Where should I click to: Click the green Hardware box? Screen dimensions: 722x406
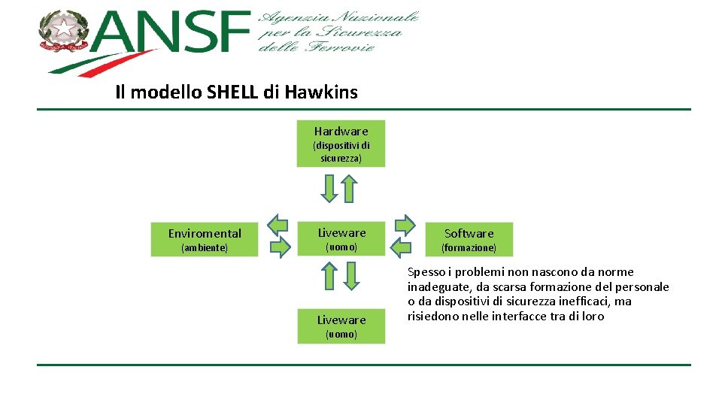click(341, 144)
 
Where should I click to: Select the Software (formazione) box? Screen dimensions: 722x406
click(469, 239)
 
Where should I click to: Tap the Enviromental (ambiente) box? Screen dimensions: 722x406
click(205, 239)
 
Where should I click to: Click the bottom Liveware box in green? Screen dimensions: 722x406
click(341, 326)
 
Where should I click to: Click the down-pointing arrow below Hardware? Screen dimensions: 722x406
click(329, 188)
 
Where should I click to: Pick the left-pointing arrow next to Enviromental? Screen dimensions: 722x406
click(278, 224)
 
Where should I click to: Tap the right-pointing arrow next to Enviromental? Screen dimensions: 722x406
click(278, 247)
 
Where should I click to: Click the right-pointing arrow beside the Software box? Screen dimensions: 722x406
click(405, 224)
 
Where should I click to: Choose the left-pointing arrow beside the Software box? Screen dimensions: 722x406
click(402, 247)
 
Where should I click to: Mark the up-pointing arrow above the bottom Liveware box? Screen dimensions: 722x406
click(329, 276)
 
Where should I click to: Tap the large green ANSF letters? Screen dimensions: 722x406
click(173, 34)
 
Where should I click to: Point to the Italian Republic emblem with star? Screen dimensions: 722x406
click(64, 32)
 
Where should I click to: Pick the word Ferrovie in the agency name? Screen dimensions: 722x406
click(347, 48)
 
